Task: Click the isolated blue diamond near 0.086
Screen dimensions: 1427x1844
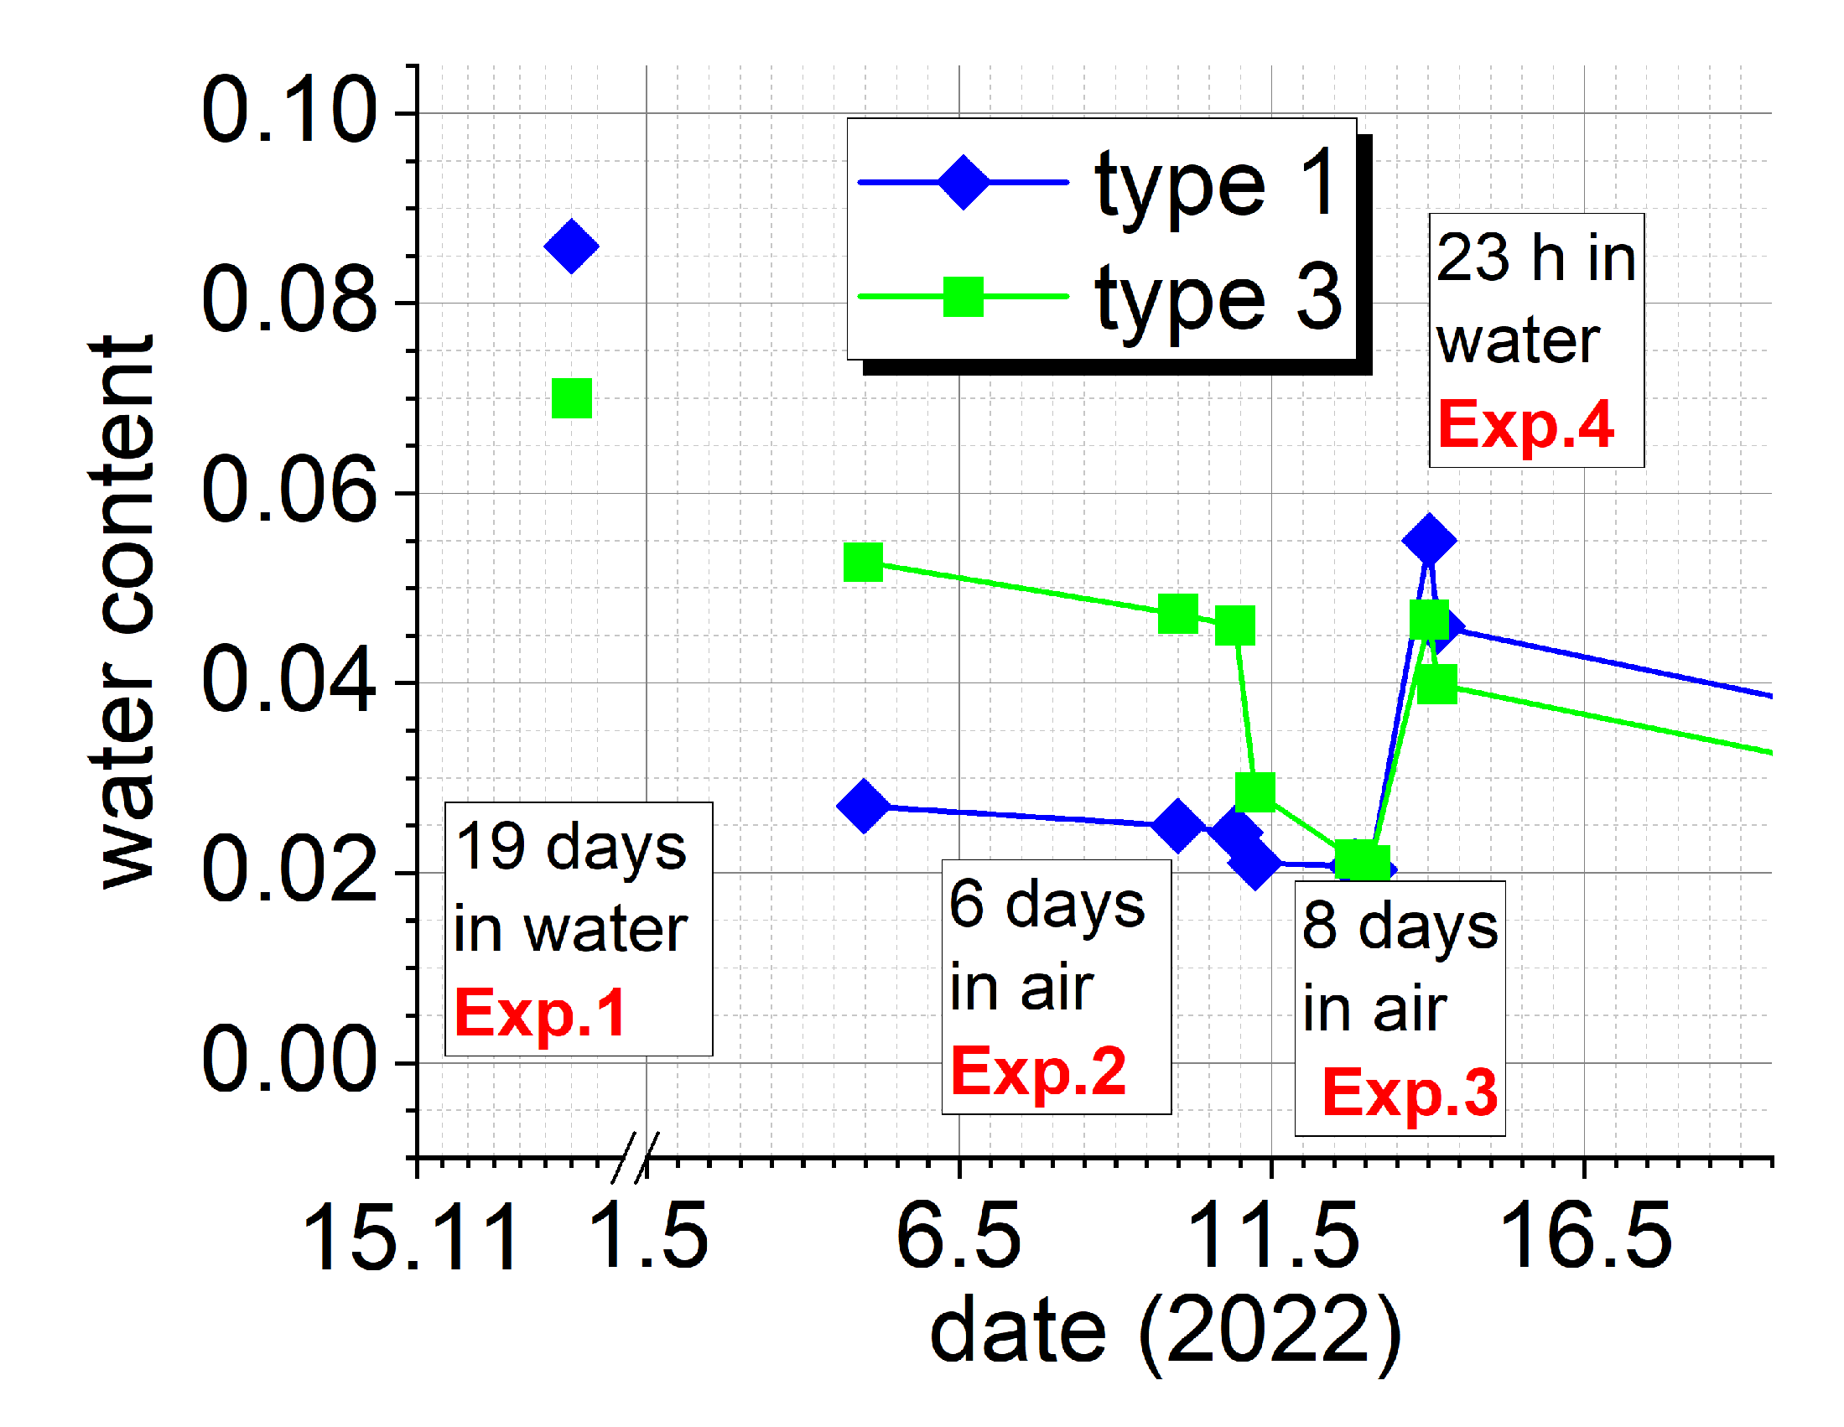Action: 572,246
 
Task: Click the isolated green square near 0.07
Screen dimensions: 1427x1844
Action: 572,398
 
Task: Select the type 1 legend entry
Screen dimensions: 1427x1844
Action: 1098,183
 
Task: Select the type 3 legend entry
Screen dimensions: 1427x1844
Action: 1098,297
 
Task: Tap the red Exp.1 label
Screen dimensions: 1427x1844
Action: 540,1014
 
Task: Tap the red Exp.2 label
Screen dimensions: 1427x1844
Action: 1038,1071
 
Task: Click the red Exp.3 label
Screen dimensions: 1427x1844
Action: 1409,1092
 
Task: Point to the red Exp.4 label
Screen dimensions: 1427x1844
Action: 1525,424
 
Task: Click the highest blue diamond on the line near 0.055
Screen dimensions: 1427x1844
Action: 1429,540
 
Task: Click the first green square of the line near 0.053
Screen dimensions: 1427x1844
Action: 863,563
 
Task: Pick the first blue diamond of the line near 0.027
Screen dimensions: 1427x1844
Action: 863,806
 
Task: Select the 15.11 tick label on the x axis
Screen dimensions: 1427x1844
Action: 411,1239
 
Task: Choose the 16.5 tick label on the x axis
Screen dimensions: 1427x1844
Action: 1585,1238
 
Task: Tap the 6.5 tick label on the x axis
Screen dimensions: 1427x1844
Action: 959,1238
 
